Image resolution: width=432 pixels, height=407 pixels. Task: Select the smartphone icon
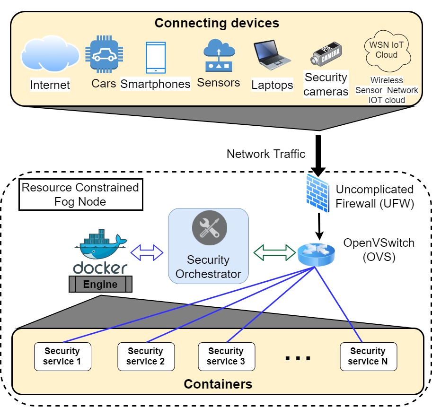pos(156,58)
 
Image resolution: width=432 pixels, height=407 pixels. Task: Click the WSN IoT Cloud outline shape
pos(387,50)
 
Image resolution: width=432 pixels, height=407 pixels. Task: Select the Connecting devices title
pos(217,23)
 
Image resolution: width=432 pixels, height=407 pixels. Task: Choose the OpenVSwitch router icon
pos(316,254)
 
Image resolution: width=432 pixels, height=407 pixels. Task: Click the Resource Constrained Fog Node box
pos(80,194)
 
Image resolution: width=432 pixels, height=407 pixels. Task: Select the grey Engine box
pos(100,284)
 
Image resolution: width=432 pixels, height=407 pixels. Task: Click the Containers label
pos(218,383)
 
